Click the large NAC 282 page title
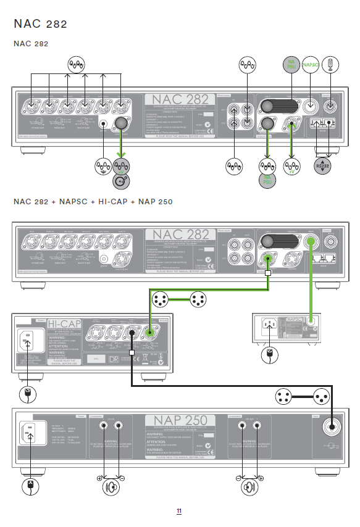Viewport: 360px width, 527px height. coord(40,24)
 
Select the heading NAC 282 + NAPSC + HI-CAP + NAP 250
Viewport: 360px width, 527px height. coord(93,202)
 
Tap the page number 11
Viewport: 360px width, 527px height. coord(179,511)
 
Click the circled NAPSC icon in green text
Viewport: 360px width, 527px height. coord(311,65)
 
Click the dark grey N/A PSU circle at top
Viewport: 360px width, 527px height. coord(291,65)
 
